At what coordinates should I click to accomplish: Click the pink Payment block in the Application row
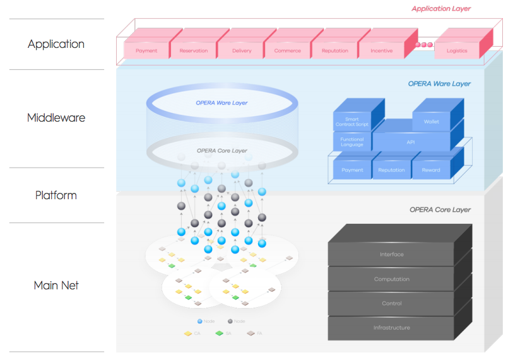[x=146, y=50]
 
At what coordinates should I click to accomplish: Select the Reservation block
[x=193, y=50]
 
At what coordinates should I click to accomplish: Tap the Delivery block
[x=241, y=50]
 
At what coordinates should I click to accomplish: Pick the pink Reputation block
[x=334, y=50]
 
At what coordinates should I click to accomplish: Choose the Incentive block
[x=381, y=50]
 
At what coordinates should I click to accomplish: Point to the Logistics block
[x=457, y=50]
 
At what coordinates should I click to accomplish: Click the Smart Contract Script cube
[x=352, y=122]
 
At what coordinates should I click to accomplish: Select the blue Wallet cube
[x=431, y=122]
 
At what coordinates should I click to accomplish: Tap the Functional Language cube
[x=352, y=142]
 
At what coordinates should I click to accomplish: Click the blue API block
[x=411, y=142]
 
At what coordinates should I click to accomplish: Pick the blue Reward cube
[x=431, y=170]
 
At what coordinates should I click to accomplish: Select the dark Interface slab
[x=391, y=254]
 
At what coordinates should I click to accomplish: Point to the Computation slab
[x=391, y=279]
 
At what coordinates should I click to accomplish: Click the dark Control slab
[x=391, y=303]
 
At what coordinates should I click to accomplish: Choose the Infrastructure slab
[x=391, y=327]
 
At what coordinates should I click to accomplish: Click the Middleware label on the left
[x=56, y=118]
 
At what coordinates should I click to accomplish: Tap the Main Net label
[x=56, y=286]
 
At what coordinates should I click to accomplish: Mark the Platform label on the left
[x=56, y=195]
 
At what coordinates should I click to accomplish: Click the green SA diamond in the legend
[x=219, y=333]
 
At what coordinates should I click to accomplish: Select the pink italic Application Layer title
[x=441, y=9]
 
